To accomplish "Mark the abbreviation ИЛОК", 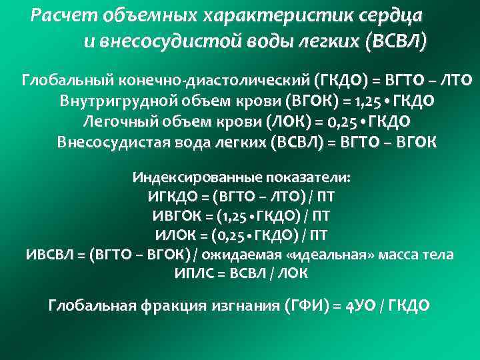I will click(x=175, y=235).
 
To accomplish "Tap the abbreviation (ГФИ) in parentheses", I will click(x=307, y=306).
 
